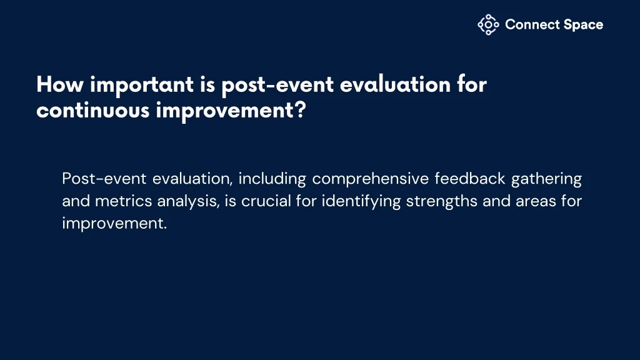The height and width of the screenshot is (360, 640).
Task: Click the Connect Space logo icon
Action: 488,25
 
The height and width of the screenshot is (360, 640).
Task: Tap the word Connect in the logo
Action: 532,24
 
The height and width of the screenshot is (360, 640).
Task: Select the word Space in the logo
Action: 583,25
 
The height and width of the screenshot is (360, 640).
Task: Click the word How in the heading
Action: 60,84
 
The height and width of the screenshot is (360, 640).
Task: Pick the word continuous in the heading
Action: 93,110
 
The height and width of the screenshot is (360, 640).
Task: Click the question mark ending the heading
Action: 301,110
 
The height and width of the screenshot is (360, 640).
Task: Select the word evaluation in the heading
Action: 395,84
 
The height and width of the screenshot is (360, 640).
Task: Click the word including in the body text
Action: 272,179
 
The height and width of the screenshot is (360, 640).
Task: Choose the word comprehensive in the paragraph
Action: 371,179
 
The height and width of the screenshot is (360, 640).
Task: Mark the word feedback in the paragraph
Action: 470,178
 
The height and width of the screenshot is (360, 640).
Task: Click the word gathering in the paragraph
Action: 546,179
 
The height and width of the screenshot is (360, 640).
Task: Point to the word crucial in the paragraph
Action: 266,201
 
